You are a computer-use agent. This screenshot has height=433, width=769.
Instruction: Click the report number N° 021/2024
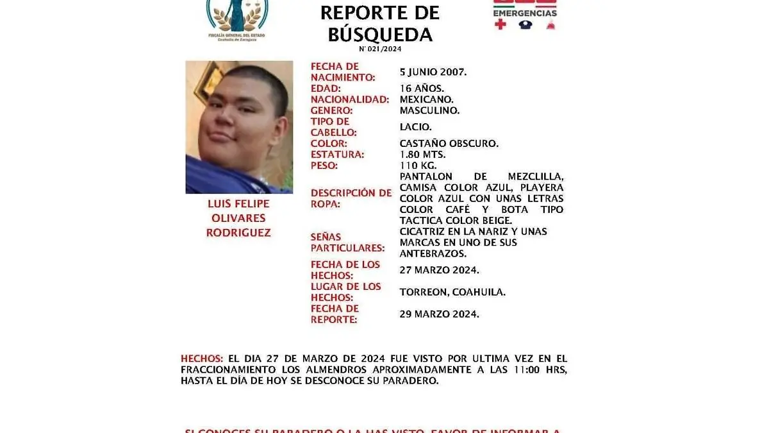click(x=380, y=49)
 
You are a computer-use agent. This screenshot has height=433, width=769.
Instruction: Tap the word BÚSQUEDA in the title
click(x=380, y=34)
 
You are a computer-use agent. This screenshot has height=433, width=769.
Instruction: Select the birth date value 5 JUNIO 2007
click(x=433, y=72)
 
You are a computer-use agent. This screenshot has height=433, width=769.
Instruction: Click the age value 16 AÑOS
click(x=422, y=89)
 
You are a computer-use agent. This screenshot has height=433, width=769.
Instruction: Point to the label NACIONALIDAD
click(x=350, y=99)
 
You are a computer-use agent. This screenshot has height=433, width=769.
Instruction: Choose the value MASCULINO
click(x=429, y=110)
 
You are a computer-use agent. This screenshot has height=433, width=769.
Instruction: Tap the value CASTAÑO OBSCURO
click(x=449, y=144)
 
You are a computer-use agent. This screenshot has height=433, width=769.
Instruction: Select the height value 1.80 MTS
click(x=423, y=155)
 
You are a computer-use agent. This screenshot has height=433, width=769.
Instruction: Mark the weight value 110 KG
click(x=417, y=166)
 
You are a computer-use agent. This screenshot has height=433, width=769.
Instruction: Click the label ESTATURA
click(x=337, y=155)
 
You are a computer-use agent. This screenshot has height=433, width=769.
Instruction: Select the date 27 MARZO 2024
click(x=439, y=270)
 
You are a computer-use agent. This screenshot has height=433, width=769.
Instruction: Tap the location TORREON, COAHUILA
click(x=452, y=292)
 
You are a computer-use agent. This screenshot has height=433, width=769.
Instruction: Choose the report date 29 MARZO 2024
click(x=439, y=314)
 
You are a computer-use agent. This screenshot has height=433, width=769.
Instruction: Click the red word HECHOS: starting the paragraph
click(x=202, y=359)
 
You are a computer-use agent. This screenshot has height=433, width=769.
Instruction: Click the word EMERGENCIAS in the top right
click(x=525, y=13)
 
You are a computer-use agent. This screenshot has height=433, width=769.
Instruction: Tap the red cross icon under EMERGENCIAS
click(x=500, y=25)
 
